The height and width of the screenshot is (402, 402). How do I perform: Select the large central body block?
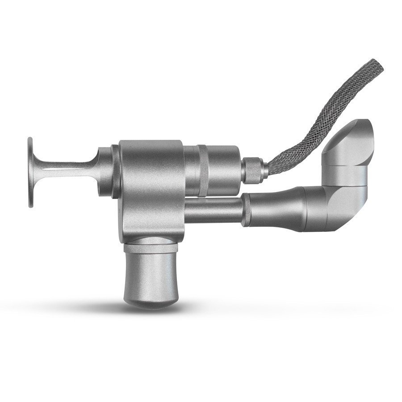pos(152,188)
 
